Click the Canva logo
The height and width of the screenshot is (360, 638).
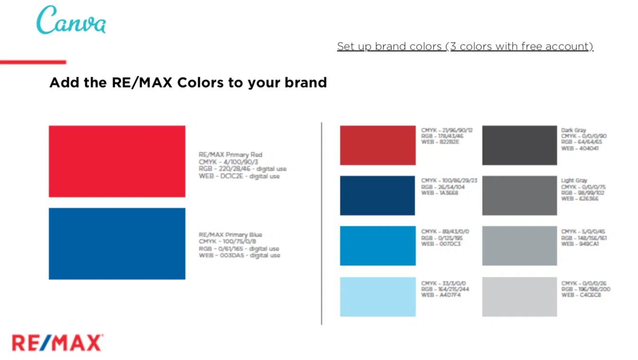tap(71, 20)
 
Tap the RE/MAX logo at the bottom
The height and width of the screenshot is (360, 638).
tap(57, 342)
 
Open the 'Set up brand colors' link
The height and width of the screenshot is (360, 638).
tap(465, 46)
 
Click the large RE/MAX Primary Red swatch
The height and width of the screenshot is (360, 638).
tap(117, 161)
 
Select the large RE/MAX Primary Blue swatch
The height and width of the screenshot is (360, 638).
tap(117, 243)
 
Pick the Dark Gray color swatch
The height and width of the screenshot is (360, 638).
tap(519, 145)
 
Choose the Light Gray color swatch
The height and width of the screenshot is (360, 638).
tap(519, 196)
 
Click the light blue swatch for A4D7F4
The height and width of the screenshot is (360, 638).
tap(377, 297)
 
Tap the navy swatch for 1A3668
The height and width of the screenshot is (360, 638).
tap(377, 196)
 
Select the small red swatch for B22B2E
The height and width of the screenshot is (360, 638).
tap(377, 145)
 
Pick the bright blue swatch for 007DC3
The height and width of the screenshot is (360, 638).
tap(377, 246)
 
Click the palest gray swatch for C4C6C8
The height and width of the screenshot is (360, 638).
tap(519, 297)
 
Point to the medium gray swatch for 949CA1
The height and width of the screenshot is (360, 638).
tap(519, 246)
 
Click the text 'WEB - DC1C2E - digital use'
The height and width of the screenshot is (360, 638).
tap(239, 176)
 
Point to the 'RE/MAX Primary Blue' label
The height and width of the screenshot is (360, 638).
tap(230, 234)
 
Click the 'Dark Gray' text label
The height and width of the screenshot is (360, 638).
tap(574, 130)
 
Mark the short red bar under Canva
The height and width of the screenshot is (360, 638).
tap(33, 62)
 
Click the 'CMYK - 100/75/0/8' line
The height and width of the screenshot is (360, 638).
tap(227, 242)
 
